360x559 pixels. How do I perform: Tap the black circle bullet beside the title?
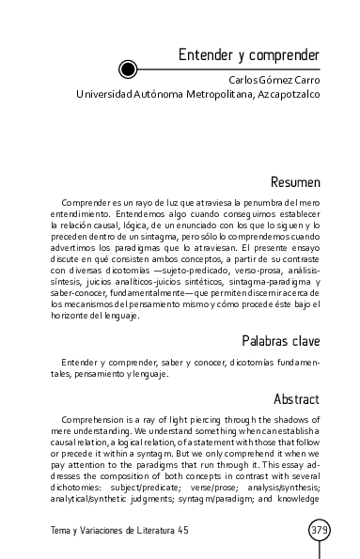[129, 68]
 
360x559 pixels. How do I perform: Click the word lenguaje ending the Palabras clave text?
[149, 374]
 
